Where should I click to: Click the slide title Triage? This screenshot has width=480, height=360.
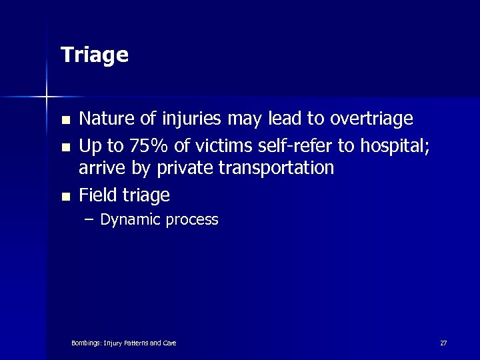point(94,55)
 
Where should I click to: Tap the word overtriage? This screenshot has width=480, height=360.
point(369,119)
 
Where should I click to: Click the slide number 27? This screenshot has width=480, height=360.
point(443,343)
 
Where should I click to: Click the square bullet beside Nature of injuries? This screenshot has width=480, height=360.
point(65,121)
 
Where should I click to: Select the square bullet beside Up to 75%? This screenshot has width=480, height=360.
point(65,145)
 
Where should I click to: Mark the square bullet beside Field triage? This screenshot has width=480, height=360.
point(65,197)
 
